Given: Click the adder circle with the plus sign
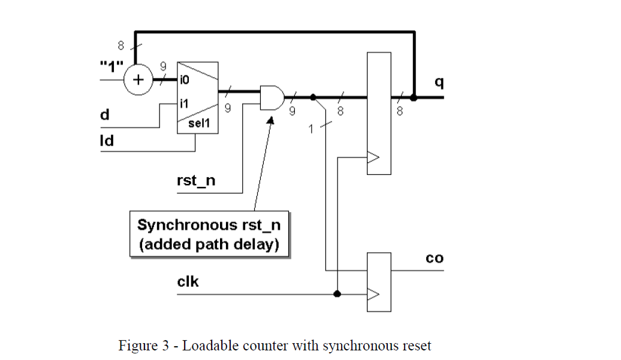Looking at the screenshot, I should pos(138,80).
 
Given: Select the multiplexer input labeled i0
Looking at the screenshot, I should pos(185,79).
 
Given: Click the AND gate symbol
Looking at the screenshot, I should pos(272,97).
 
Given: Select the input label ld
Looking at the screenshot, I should pos(106,141).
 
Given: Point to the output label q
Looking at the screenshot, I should pos(439,83).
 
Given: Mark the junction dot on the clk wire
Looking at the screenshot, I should pos(337,294).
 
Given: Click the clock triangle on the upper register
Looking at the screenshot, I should pos(373,158).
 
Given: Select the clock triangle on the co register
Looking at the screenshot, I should pos(373,294).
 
